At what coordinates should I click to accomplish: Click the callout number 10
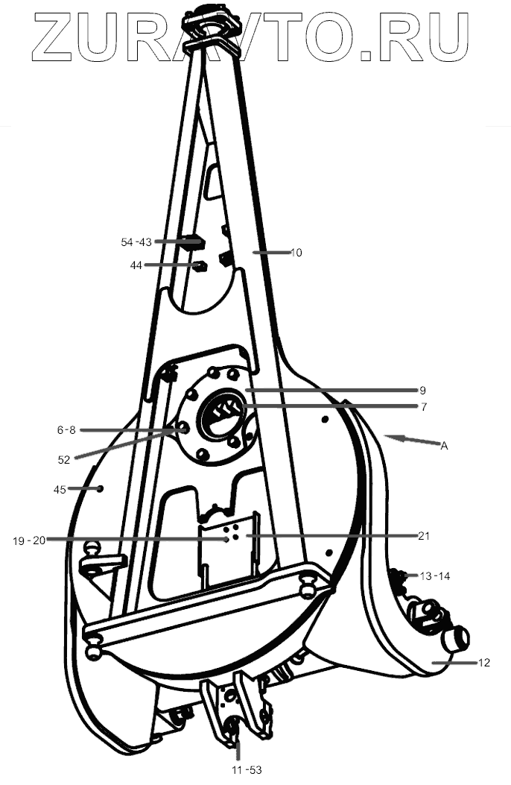pos(296,253)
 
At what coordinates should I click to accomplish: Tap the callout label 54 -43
pos(136,242)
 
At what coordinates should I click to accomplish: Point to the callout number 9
pos(422,390)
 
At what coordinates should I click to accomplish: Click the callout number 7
pos(422,407)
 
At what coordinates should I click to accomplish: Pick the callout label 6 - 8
pos(66,430)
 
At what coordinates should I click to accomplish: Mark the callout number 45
pos(60,489)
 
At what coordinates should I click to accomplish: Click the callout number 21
pos(423,536)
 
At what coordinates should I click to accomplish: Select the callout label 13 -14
pos(435,576)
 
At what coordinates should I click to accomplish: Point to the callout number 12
pos(483,662)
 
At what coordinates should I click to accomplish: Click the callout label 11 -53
pos(247,769)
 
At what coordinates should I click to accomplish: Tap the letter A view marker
pos(444,446)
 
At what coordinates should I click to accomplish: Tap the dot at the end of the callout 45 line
pos(100,489)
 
